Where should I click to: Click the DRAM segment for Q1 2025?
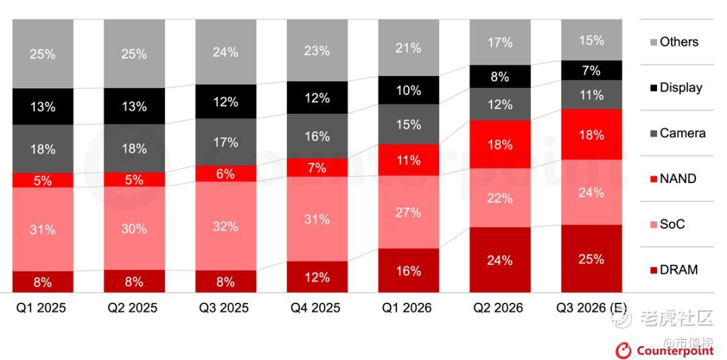point(42,282)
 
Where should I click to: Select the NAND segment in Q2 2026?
point(499,145)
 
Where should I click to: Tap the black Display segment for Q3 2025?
point(226,102)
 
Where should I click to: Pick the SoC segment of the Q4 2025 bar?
point(317,219)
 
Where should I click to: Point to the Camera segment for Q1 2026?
point(409,124)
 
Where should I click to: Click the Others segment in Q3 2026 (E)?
point(591,40)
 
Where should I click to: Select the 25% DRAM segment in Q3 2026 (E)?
point(591,258)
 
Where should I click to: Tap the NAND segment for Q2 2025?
point(134,180)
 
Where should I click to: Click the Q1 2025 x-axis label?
point(41,308)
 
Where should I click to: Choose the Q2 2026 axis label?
point(498,308)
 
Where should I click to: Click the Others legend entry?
point(674,42)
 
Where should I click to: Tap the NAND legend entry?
point(673,178)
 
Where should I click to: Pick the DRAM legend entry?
point(674,270)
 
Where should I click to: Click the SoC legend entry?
point(668,224)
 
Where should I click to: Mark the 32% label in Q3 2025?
point(226,226)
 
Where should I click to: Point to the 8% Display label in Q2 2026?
point(499,77)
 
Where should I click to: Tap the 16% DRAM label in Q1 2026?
point(409,271)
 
